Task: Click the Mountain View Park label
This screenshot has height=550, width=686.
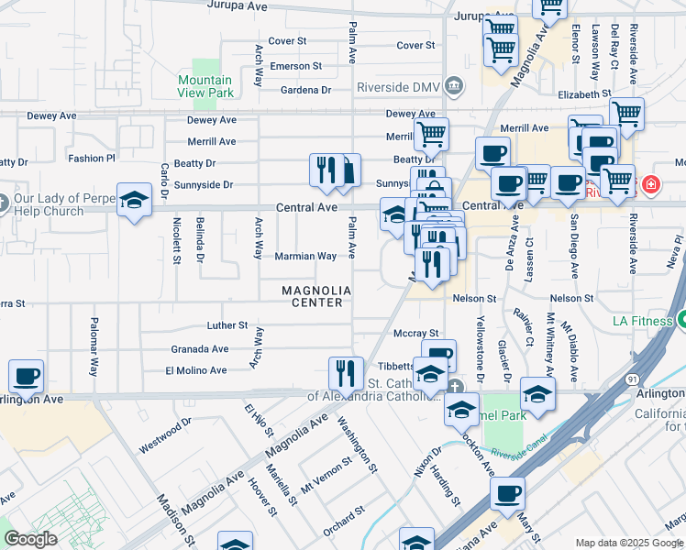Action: (x=205, y=86)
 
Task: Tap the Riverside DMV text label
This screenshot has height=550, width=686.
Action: (x=404, y=87)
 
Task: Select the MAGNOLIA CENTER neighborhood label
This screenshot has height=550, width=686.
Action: (x=316, y=296)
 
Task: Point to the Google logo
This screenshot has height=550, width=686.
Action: (x=30, y=538)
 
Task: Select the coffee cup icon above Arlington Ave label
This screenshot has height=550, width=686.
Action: (x=26, y=376)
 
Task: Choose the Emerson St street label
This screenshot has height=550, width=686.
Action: (x=295, y=66)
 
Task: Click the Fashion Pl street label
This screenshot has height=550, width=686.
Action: (x=92, y=158)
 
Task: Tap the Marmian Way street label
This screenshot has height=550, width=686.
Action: (x=305, y=257)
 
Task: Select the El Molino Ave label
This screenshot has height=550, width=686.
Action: (x=196, y=370)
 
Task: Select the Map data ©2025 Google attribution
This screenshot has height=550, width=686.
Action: (x=629, y=543)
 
